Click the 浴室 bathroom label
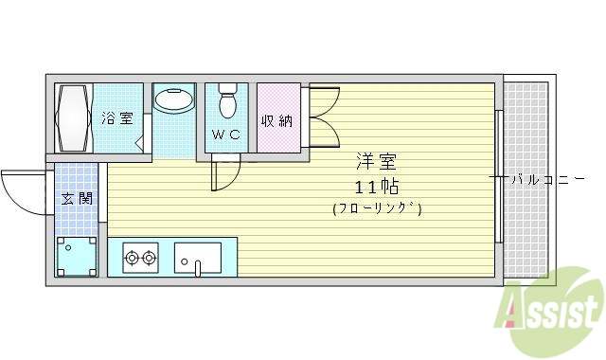(x=117, y=119)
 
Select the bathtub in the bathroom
(x=75, y=118)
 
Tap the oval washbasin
(x=172, y=99)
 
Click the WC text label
(x=226, y=135)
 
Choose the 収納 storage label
(x=276, y=120)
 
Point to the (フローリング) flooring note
(x=377, y=207)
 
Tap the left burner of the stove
(x=132, y=256)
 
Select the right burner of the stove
(x=150, y=256)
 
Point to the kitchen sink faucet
(x=197, y=268)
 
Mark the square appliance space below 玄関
(x=76, y=255)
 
